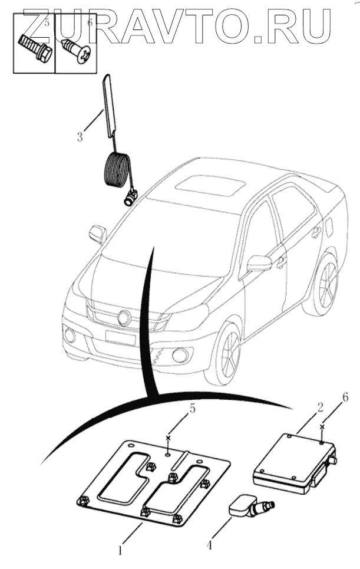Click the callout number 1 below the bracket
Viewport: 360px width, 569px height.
click(120, 551)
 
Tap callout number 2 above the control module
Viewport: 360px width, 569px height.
click(319, 407)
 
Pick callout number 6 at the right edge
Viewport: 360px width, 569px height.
click(345, 397)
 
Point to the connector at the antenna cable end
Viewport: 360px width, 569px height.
click(130, 198)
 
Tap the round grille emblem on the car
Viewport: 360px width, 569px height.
click(124, 318)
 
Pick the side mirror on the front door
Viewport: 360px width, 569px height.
click(258, 263)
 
